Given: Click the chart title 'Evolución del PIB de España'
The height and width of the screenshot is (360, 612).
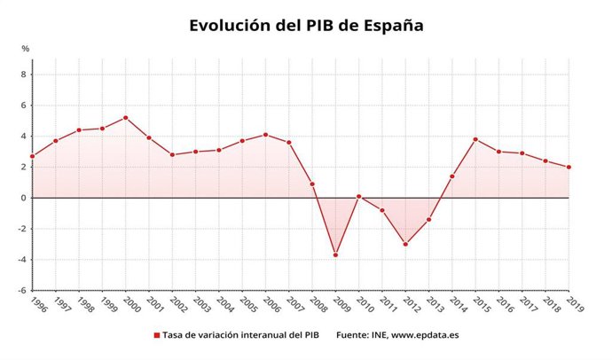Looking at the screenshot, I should [306, 25].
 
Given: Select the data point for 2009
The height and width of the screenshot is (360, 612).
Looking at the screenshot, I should [335, 254].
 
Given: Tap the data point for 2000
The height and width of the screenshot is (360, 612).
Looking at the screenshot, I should [125, 118].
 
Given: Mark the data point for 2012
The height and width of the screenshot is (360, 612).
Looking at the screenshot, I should [405, 244].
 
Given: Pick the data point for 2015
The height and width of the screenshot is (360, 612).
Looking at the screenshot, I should [475, 139].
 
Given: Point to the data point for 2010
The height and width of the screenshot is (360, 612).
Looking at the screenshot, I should [358, 197].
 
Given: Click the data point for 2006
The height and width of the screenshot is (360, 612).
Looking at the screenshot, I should [265, 135].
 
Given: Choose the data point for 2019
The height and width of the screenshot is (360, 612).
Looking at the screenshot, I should [569, 167].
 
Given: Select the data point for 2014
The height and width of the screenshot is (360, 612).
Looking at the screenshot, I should [452, 176].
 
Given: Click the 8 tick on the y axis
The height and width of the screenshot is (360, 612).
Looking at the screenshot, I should [24, 74].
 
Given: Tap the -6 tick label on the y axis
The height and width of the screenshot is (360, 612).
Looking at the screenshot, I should [22, 290].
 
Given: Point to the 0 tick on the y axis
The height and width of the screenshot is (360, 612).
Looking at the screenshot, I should [24, 198].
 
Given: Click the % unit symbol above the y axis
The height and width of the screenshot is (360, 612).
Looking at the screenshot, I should [25, 48].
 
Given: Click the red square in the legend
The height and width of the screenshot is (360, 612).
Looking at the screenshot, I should [157, 335].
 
